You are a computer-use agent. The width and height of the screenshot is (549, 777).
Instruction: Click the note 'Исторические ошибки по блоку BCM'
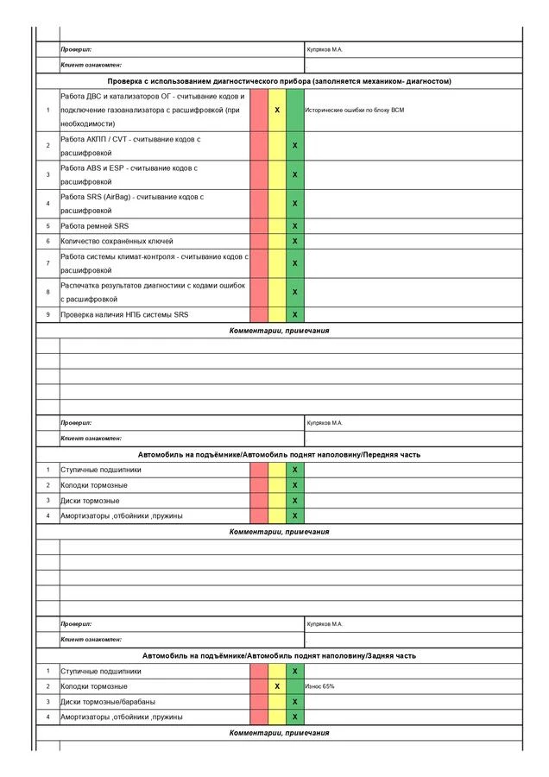[x=355, y=111]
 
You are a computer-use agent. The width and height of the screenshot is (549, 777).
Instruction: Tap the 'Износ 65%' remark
[x=319, y=686]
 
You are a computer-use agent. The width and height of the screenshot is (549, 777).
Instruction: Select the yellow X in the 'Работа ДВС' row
[x=277, y=111]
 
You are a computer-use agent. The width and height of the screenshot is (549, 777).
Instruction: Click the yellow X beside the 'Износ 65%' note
[x=277, y=686]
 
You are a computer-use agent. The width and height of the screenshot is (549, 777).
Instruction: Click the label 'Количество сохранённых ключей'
[x=117, y=242]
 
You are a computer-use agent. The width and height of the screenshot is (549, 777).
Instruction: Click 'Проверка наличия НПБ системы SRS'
[x=124, y=315]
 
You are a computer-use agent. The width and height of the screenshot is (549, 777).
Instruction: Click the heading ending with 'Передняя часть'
[x=279, y=454]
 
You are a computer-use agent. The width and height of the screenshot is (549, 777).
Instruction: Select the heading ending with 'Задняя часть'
[x=279, y=656]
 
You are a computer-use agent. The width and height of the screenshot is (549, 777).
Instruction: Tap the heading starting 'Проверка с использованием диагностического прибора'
[x=279, y=81]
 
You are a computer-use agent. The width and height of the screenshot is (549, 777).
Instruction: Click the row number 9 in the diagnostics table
[x=48, y=315]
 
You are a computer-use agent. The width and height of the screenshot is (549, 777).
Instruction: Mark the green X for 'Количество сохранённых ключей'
[x=295, y=242]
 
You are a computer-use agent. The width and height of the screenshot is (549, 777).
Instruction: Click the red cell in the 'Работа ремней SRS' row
[x=259, y=226]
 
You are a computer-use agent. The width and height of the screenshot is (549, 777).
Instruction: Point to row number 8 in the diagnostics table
[x=48, y=292]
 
